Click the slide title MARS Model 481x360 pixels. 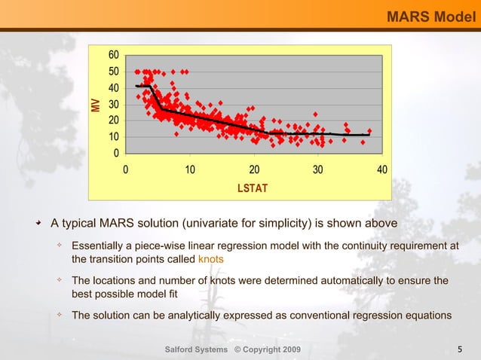430,16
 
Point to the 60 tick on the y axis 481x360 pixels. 113,55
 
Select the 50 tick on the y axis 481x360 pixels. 113,72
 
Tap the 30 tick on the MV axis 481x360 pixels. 113,104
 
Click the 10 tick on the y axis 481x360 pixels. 113,137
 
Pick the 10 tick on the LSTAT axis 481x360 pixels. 190,169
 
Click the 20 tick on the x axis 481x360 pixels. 254,169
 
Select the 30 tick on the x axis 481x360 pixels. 318,169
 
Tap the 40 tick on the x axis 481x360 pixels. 382,169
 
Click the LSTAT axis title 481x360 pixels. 253,188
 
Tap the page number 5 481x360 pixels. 460,349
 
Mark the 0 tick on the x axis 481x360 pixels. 126,169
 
